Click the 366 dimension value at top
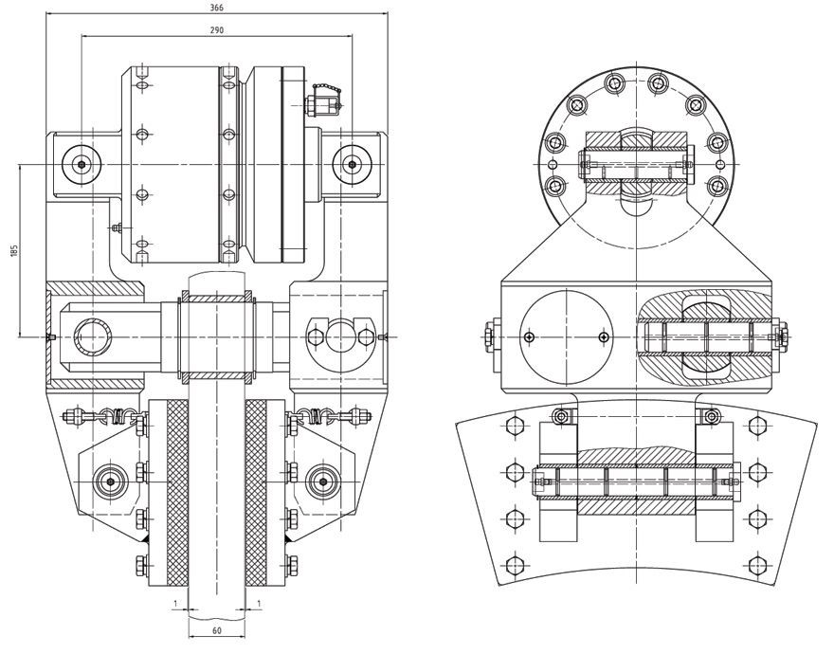click(217, 7)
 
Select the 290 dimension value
click(217, 31)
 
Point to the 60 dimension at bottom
click(216, 630)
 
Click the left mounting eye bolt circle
click(82, 164)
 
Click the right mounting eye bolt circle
click(352, 164)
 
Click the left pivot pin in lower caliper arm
click(110, 481)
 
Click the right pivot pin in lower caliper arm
click(322, 481)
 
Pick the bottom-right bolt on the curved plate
click(755, 567)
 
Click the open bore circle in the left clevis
click(93, 336)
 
